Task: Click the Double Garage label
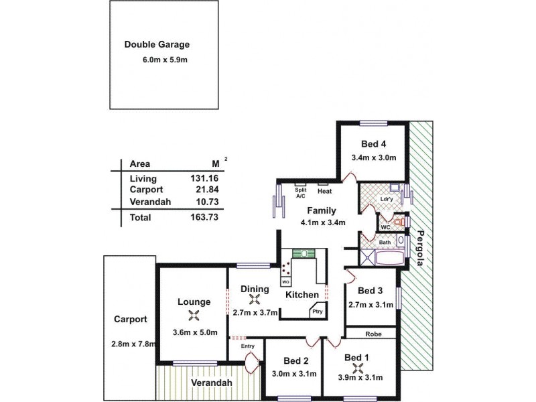pos(157,46)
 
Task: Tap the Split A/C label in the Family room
pos(300,194)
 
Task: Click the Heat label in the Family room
pos(324,192)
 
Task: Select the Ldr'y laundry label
pos(386,199)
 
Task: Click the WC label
pos(385,228)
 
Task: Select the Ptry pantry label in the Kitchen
pos(316,311)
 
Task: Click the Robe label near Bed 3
pos(373,332)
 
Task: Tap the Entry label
pos(249,346)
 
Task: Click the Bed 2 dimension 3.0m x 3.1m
pos(294,375)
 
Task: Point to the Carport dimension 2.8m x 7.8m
pos(134,344)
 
